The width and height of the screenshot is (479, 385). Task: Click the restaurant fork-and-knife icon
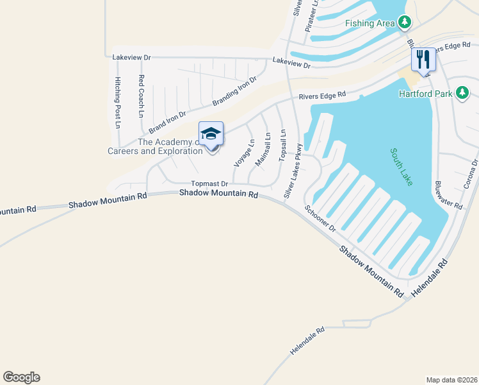pyautogui.click(x=423, y=60)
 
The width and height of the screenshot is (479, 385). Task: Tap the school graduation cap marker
pyautogui.click(x=211, y=135)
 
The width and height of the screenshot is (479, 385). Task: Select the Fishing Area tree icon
pyautogui.click(x=404, y=23)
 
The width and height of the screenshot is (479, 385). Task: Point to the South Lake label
pyautogui.click(x=401, y=167)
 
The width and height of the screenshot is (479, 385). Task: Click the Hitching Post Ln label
pyautogui.click(x=117, y=102)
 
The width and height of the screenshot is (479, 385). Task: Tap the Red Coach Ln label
pyautogui.click(x=141, y=96)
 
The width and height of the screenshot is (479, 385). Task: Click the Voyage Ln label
pyautogui.click(x=244, y=153)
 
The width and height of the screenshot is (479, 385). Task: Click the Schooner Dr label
pyautogui.click(x=320, y=218)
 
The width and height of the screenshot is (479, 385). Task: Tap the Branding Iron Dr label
pyautogui.click(x=234, y=92)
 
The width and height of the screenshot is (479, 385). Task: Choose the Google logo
pyautogui.click(x=21, y=377)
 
